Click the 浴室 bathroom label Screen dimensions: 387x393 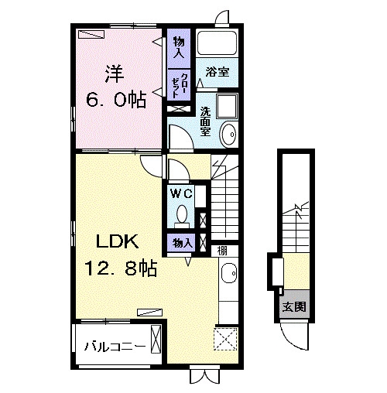217,72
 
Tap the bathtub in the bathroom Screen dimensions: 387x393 217,43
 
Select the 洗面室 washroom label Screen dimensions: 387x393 206,121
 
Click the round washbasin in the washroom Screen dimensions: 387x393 228,134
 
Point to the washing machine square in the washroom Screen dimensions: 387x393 227,107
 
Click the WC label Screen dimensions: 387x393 182,193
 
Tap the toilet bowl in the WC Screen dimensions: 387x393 182,214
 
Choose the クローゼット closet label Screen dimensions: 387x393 179,86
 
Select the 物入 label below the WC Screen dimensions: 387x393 183,243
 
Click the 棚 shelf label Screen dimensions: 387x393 222,251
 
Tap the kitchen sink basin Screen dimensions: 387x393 228,273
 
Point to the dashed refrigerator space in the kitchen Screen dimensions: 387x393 225,339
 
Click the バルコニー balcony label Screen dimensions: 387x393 115,347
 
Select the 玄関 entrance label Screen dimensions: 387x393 294,307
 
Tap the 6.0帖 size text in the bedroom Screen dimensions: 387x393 116,99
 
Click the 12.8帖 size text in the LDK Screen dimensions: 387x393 121,268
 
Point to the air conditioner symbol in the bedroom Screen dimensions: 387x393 91,34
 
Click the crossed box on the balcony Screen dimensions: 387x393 156,340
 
